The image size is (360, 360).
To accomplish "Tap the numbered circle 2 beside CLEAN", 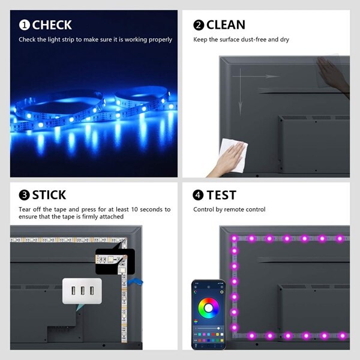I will pos(199,25).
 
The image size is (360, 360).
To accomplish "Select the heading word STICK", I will pos(49,195).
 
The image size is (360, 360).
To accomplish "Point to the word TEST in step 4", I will pos(221,195).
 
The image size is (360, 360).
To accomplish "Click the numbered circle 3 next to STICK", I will pos(24,195).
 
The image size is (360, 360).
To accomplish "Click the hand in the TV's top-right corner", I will pos(334,75).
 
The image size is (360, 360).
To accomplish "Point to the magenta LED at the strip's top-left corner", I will pos(234,239).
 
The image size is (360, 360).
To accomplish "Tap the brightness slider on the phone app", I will pos(207,323).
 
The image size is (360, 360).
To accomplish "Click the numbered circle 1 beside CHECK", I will pos(24,25).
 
